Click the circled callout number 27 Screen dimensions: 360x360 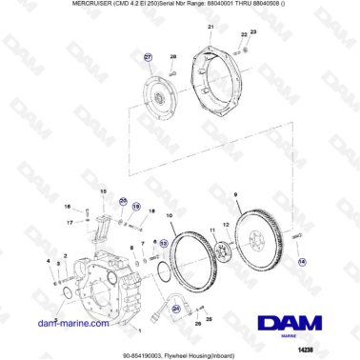pyautogui.click(x=148, y=58)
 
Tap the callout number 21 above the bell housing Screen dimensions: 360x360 pyautogui.click(x=210, y=30)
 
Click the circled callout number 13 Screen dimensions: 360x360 pyautogui.click(x=163, y=243)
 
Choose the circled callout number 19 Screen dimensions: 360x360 pyautogui.click(x=136, y=206)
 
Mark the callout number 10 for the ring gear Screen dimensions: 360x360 pyautogui.click(x=170, y=216)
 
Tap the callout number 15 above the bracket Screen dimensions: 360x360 pyautogui.click(x=101, y=191)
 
